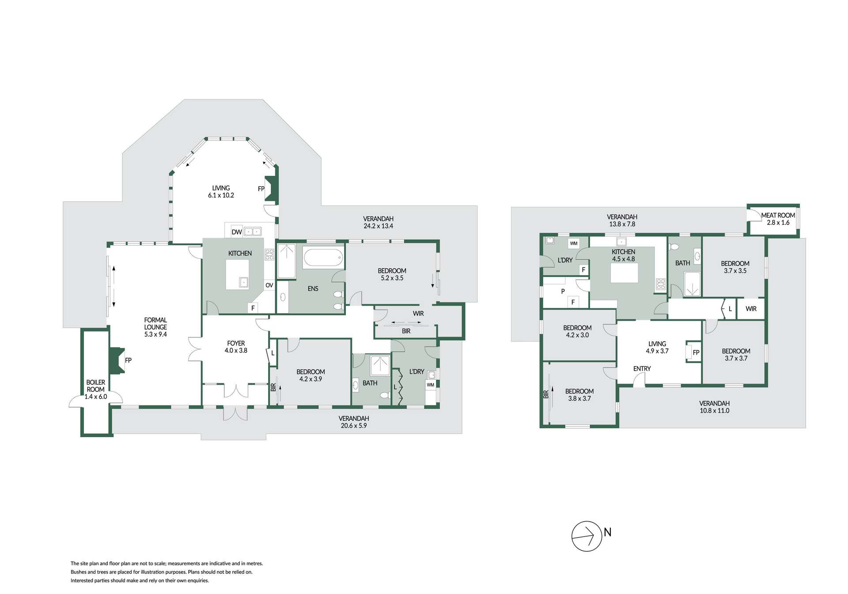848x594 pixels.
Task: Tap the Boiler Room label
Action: [x=96, y=389]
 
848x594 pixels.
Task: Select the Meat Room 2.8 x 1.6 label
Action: [x=778, y=219]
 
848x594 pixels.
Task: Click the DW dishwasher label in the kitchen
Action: [x=236, y=232]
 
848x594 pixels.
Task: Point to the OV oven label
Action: [x=269, y=285]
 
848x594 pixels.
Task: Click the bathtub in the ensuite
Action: [x=323, y=258]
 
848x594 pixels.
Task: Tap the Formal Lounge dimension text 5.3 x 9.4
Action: [x=155, y=334]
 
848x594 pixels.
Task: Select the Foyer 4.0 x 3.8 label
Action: [x=236, y=347]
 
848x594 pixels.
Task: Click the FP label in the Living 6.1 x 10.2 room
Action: [x=261, y=189]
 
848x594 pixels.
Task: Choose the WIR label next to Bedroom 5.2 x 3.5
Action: [x=418, y=313]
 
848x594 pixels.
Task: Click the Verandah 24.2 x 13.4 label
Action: [x=378, y=222]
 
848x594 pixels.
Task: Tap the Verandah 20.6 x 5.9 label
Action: [x=353, y=422]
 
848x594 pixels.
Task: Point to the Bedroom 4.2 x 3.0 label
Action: [x=577, y=331]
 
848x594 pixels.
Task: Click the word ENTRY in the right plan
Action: [x=642, y=368]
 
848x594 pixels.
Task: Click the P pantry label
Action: [x=563, y=291]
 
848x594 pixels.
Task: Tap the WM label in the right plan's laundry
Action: [x=573, y=243]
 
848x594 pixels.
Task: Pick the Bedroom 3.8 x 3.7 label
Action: [x=579, y=394]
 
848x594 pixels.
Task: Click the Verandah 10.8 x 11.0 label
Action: [x=714, y=407]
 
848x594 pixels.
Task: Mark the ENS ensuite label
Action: [x=313, y=288]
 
